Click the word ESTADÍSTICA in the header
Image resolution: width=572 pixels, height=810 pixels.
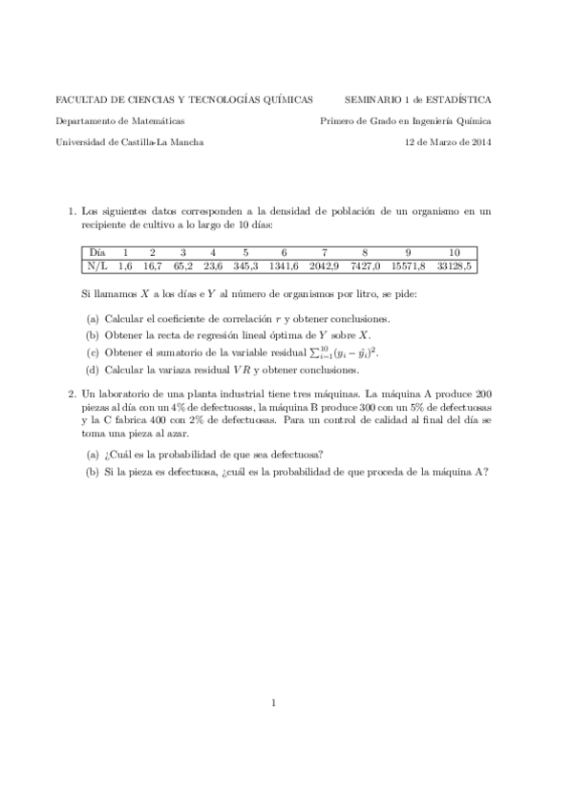coord(458,98)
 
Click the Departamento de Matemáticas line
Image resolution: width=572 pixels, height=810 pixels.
coord(120,120)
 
